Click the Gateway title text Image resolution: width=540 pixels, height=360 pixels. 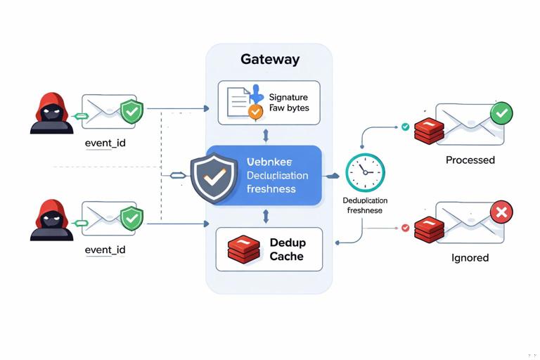[270, 59]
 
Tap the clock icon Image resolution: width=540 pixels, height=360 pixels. [365, 173]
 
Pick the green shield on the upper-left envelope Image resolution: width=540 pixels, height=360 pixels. [131, 111]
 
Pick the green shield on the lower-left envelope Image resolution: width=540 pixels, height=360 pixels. [131, 218]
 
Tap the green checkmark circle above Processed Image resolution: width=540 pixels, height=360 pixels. [501, 112]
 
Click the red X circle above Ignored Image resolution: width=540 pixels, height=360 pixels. [501, 212]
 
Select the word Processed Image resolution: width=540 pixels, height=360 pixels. [470, 160]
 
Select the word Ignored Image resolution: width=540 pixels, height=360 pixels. [470, 258]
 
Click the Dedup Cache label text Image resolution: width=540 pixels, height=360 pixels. [287, 249]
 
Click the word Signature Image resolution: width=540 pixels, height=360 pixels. [288, 96]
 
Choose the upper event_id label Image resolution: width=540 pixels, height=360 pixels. [105, 143]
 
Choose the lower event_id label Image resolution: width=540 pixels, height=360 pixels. [105, 250]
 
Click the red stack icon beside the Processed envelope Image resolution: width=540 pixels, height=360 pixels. [427, 131]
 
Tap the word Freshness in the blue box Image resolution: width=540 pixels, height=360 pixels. [271, 189]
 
